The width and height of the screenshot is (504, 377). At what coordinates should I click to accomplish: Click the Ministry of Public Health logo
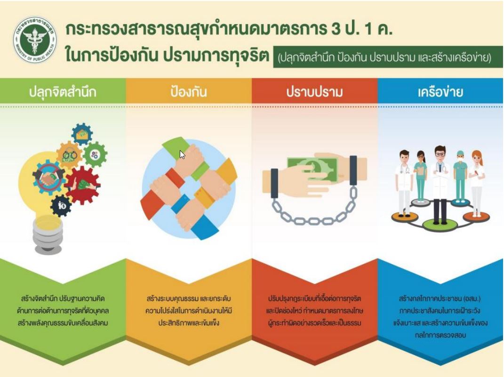pyautogui.click(x=35, y=40)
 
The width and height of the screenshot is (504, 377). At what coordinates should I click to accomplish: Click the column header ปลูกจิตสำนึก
pyautogui.click(x=63, y=92)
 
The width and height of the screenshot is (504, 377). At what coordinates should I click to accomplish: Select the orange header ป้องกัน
pyautogui.click(x=189, y=92)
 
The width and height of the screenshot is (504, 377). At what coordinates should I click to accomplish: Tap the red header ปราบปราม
pyautogui.click(x=315, y=92)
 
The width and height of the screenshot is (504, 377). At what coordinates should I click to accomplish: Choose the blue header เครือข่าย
pyautogui.click(x=440, y=92)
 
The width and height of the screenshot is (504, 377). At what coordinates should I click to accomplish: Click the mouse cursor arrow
pyautogui.click(x=182, y=154)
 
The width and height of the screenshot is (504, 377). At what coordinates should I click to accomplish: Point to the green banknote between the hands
pyautogui.click(x=312, y=167)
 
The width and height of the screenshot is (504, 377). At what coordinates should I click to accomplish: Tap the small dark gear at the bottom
pyautogui.click(x=61, y=205)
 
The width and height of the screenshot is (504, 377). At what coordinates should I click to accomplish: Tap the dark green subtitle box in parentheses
pyautogui.click(x=388, y=57)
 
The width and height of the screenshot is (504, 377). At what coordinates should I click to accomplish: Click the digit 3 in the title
pyautogui.click(x=336, y=29)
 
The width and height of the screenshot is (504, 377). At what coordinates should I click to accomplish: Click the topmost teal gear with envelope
pyautogui.click(x=82, y=134)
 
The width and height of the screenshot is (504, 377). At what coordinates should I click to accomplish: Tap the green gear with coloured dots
pyautogui.click(x=95, y=154)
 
